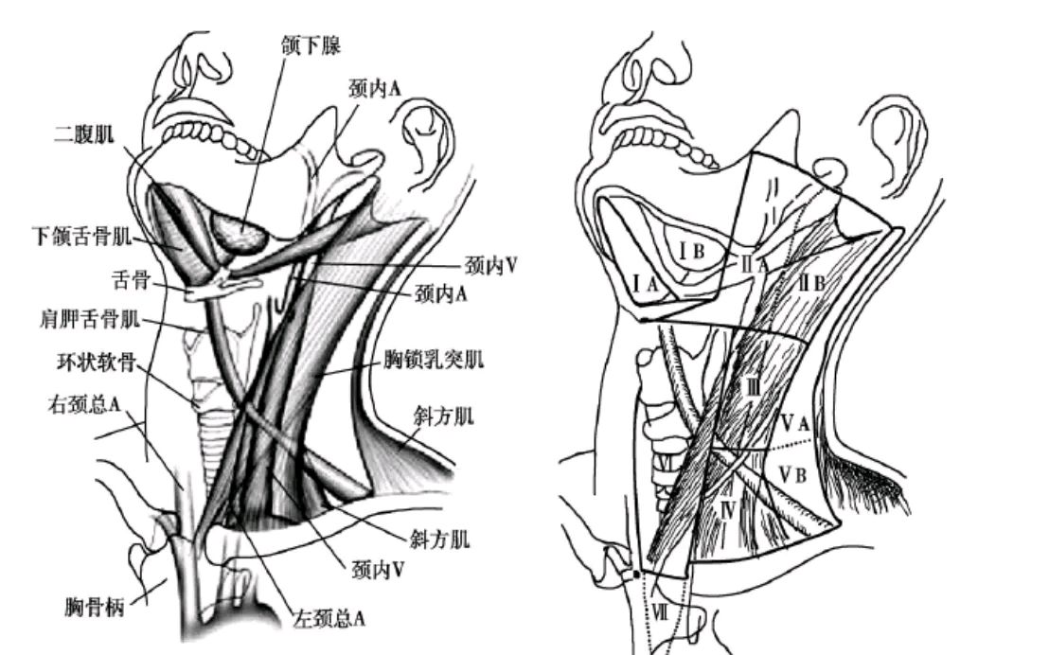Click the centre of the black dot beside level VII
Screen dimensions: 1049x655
tap(635, 574)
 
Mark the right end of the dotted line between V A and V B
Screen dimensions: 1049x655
tap(815, 440)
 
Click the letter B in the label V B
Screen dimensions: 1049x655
tap(800, 476)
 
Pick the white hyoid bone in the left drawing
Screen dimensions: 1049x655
tap(221, 289)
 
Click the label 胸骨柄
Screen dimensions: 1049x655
tap(95, 607)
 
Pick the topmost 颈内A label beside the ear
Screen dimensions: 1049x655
tap(375, 88)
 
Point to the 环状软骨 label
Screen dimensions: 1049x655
tap(97, 363)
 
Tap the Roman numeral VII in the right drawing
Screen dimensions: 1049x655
tap(660, 611)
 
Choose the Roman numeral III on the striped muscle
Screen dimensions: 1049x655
tap(754, 386)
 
